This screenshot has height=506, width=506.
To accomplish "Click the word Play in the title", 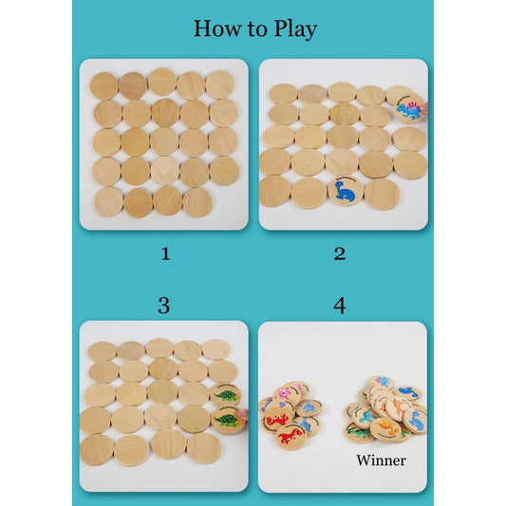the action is [x=295, y=29].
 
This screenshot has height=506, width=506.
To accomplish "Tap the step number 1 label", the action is [x=165, y=253].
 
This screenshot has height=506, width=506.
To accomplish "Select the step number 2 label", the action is [x=340, y=253].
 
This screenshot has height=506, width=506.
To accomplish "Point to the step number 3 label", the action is [x=164, y=306].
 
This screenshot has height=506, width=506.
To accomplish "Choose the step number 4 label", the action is [x=340, y=306].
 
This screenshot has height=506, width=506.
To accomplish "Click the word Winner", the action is [x=381, y=460].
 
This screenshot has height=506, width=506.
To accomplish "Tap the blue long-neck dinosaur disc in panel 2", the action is [x=346, y=191].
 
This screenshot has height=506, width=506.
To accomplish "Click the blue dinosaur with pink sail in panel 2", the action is [x=410, y=108].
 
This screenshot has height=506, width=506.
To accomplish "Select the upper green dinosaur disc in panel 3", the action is [x=226, y=395].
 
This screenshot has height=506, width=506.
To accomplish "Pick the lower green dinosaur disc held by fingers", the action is [x=228, y=420].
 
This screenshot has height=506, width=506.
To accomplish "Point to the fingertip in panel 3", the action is [x=243, y=414].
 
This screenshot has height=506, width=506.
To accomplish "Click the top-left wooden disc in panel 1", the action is [x=104, y=85].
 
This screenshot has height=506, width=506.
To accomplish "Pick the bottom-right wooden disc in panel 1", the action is [x=197, y=202].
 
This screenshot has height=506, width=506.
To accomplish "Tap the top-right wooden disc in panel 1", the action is [x=219, y=84].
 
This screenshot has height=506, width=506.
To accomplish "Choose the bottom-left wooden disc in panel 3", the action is [x=97, y=450].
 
